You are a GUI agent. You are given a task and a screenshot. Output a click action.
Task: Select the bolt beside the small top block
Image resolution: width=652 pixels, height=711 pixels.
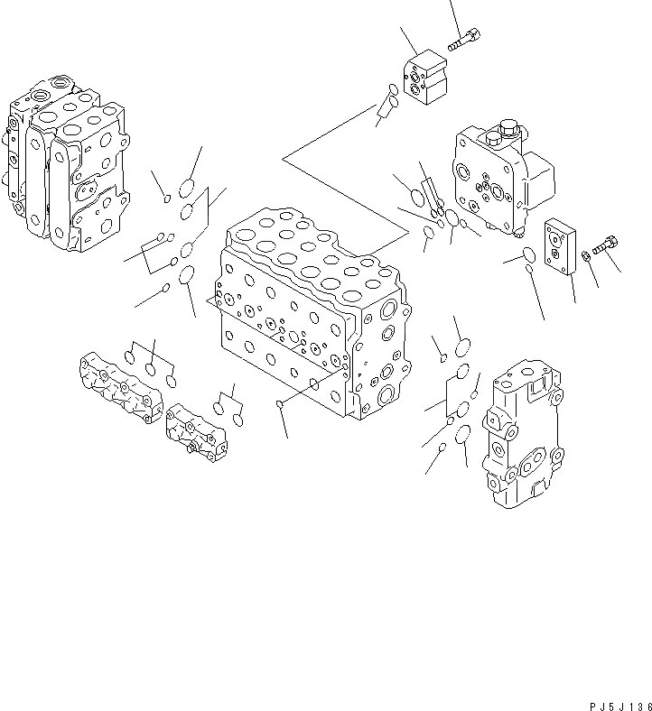(463, 40)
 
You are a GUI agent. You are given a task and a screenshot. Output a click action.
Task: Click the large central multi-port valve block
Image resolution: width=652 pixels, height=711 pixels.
(307, 316)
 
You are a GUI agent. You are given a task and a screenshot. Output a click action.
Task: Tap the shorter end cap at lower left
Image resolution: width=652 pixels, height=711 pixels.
(196, 430)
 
